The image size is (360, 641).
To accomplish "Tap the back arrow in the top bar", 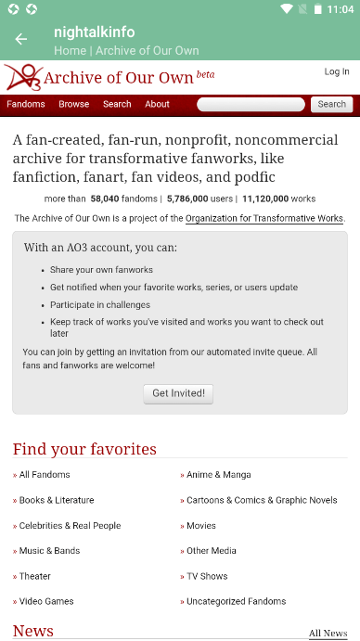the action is [x=20, y=39].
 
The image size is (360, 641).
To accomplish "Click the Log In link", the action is [x=337, y=71].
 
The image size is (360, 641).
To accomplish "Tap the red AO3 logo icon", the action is [x=23, y=77].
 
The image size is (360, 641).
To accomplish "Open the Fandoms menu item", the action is [x=26, y=104].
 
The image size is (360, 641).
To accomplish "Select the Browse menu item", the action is [x=74, y=104].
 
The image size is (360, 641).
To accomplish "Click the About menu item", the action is [x=157, y=104].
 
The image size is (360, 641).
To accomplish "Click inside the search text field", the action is [x=251, y=104].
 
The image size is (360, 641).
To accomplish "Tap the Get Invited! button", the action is [x=179, y=393].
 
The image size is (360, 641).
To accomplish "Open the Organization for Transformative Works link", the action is [x=264, y=219].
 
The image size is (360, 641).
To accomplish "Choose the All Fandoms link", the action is [x=45, y=475].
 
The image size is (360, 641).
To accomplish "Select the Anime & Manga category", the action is [x=218, y=475].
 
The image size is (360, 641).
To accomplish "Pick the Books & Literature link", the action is [x=57, y=500].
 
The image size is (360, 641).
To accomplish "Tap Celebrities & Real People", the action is [x=70, y=525].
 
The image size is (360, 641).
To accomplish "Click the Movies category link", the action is [x=201, y=525].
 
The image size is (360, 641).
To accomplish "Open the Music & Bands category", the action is [x=49, y=550].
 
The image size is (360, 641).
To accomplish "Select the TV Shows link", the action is [x=207, y=576].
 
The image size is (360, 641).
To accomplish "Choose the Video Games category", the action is [x=46, y=601].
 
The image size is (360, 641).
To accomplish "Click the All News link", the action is [x=328, y=634].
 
